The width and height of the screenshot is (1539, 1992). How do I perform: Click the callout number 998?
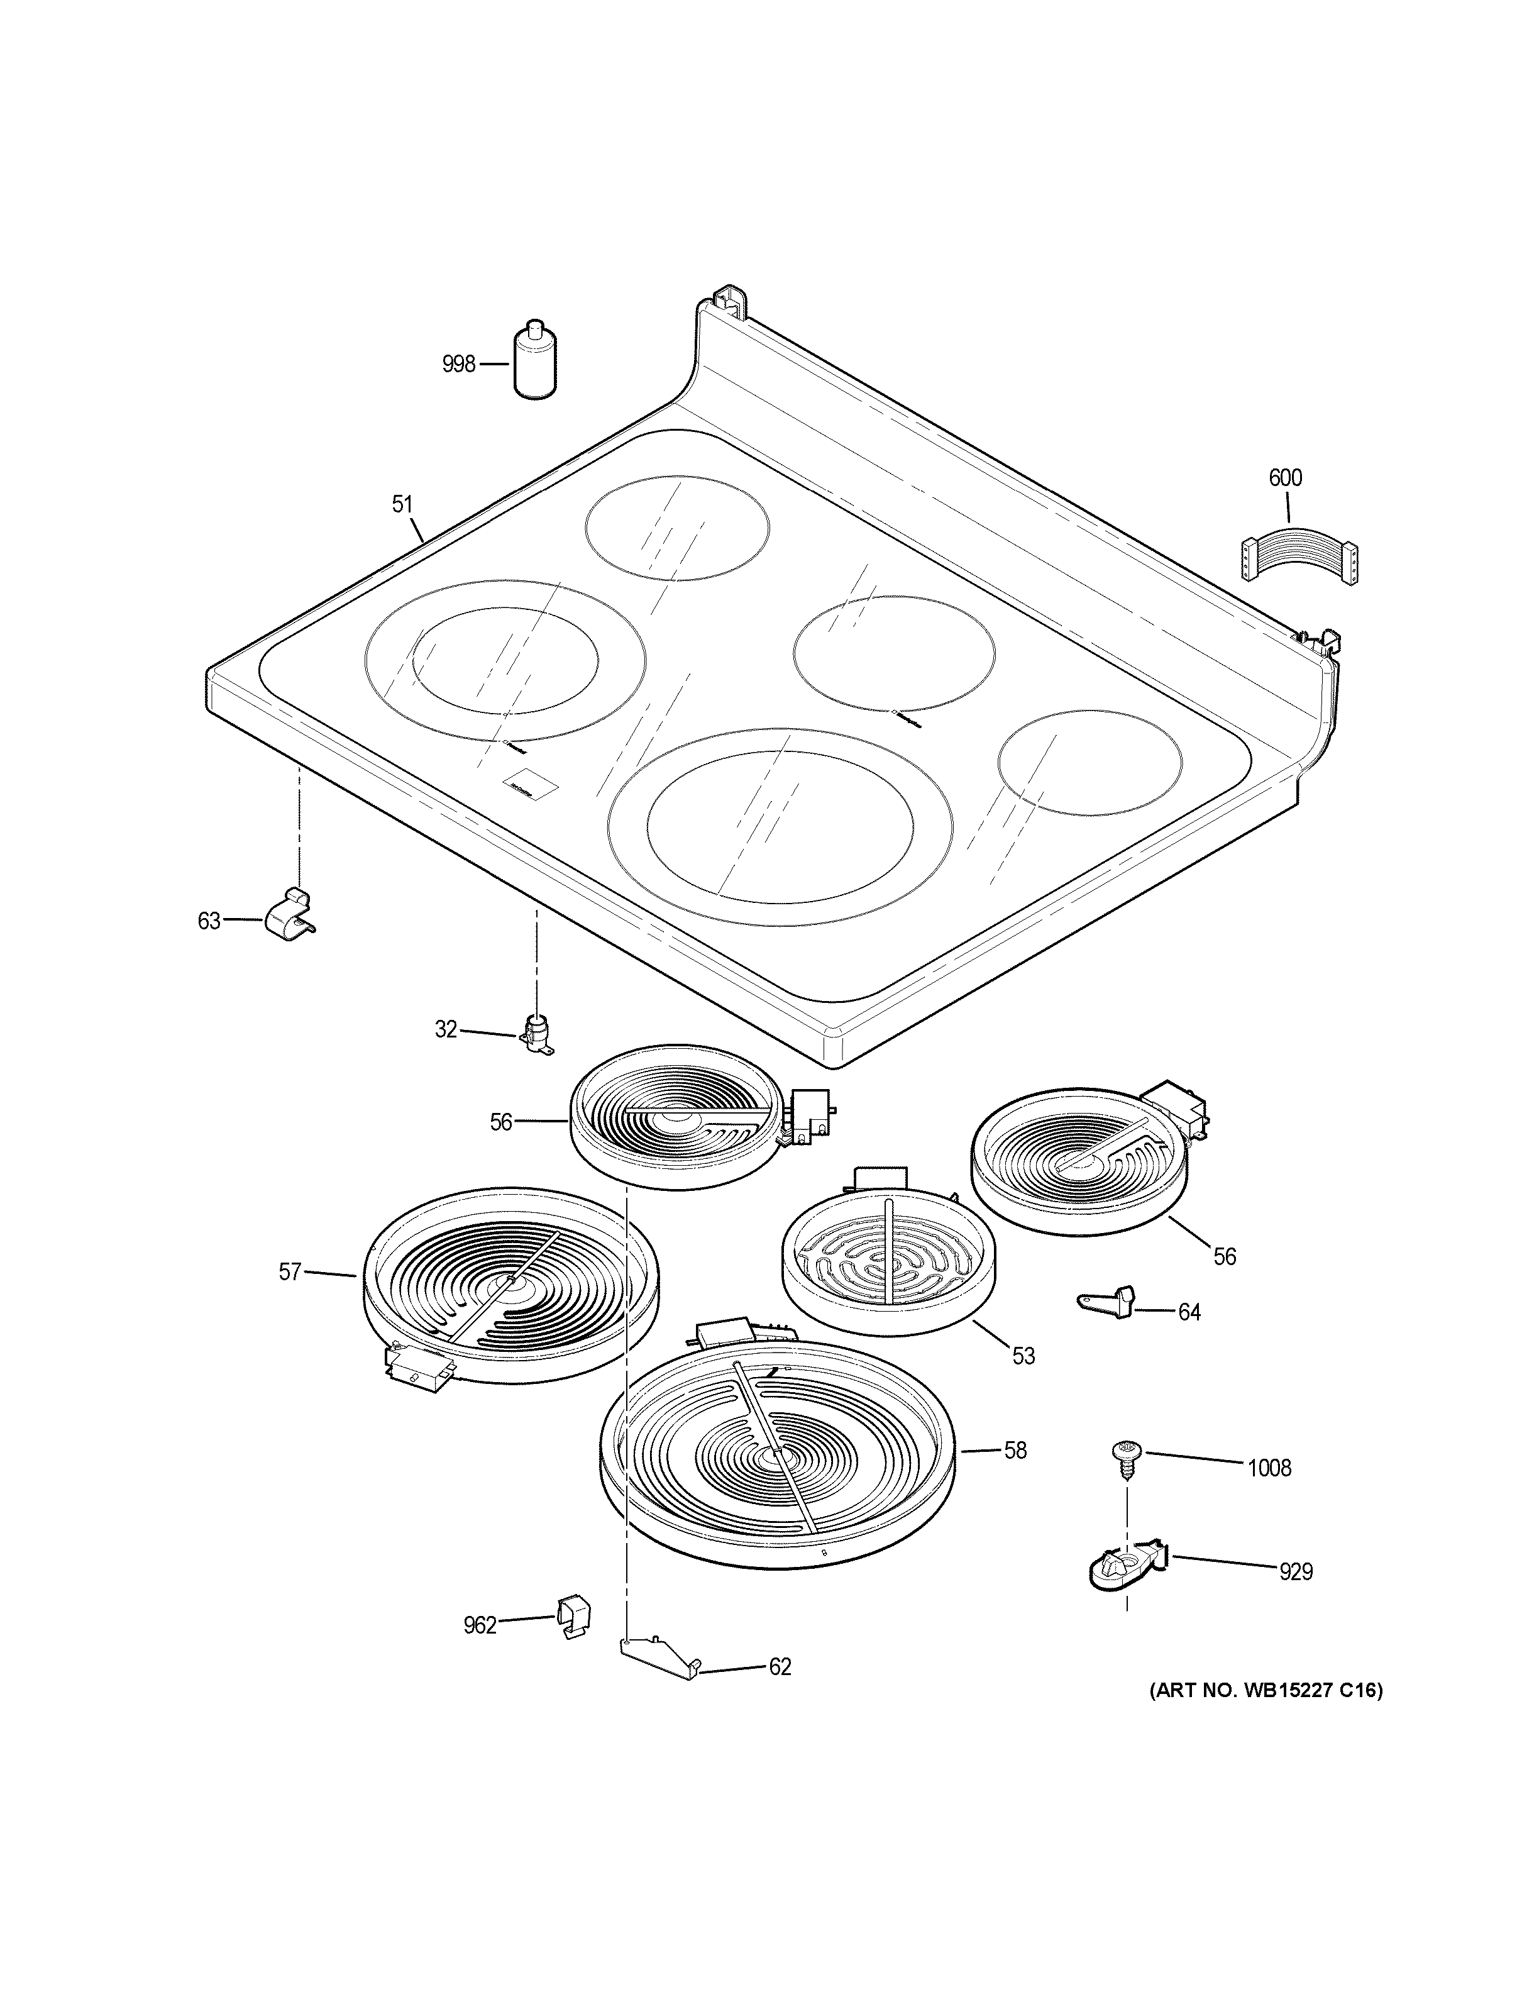(x=458, y=365)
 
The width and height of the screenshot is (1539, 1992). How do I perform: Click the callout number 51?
(x=402, y=504)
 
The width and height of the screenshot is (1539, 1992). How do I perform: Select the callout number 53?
(x=1024, y=1382)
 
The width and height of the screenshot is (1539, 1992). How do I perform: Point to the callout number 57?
(x=289, y=1271)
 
